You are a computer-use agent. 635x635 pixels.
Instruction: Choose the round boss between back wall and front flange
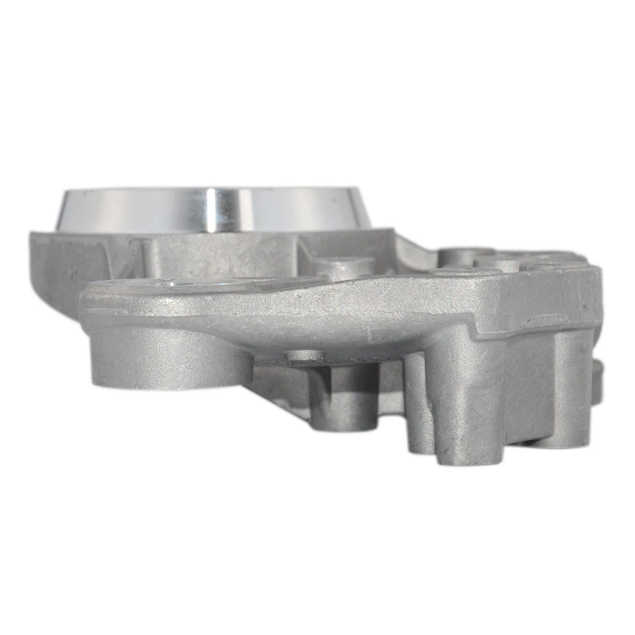[x=334, y=271]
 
